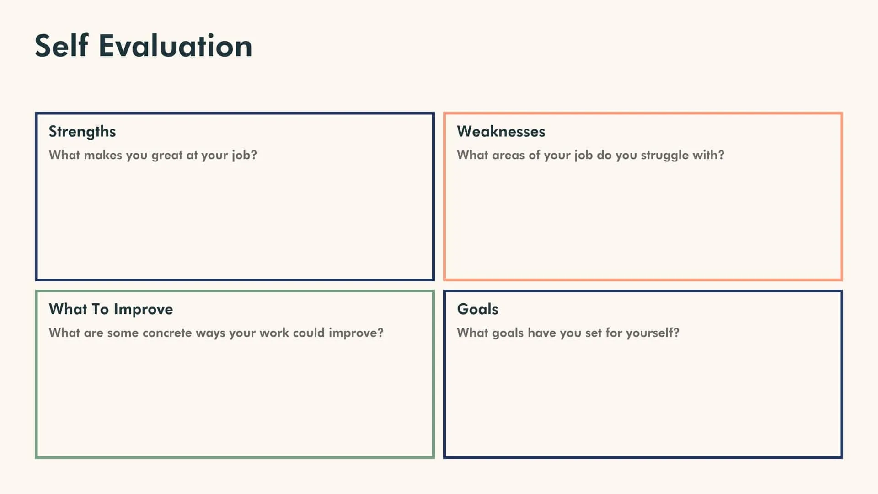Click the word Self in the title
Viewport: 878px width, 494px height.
click(x=61, y=46)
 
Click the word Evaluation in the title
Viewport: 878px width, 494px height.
click(x=175, y=46)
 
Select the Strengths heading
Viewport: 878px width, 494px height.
click(x=82, y=132)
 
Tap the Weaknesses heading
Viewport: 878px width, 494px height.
click(x=501, y=132)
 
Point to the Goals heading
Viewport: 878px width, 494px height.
click(x=477, y=309)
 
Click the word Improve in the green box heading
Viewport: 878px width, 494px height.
click(x=143, y=310)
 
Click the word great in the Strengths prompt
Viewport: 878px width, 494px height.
click(x=167, y=156)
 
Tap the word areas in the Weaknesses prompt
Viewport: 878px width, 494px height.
click(x=508, y=155)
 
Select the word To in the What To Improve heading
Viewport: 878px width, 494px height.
click(x=100, y=309)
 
